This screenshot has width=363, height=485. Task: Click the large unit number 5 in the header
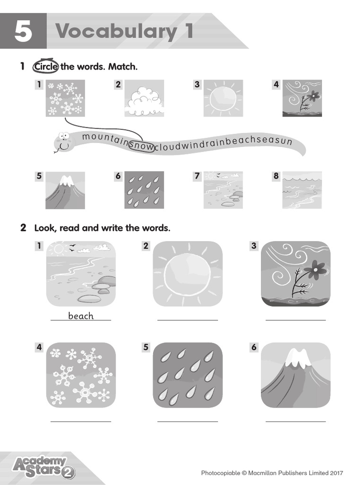click(23, 31)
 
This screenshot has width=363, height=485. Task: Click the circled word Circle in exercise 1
click(45, 67)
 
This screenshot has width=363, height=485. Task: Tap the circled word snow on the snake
click(142, 146)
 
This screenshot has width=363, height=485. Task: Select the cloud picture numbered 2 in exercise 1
click(144, 99)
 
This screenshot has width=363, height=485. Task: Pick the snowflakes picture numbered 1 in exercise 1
click(65, 99)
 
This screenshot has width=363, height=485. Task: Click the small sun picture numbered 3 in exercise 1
click(223, 99)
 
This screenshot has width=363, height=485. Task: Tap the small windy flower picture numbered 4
click(302, 99)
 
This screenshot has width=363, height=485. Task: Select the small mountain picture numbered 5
click(65, 190)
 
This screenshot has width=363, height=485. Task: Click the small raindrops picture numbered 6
click(144, 190)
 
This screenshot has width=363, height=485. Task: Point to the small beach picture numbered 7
click(223, 190)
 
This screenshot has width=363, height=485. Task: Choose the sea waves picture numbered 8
click(302, 190)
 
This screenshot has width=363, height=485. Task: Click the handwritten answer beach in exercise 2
click(81, 316)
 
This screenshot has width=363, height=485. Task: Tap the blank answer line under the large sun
click(188, 320)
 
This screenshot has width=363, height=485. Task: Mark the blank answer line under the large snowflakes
click(81, 421)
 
